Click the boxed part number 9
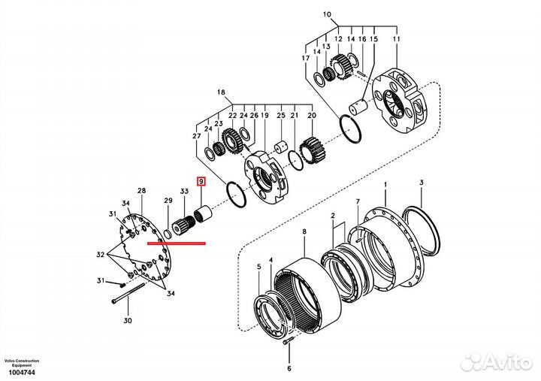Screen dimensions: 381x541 (201, 181)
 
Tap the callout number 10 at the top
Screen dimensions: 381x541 (326, 14)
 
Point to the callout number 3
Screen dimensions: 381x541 (422, 183)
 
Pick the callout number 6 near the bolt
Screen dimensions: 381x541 (289, 368)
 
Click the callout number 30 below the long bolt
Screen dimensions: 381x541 (128, 321)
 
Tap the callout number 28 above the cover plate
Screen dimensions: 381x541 (141, 192)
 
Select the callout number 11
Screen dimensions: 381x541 (397, 38)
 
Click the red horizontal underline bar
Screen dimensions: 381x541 (177, 243)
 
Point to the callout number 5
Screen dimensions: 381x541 (259, 266)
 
